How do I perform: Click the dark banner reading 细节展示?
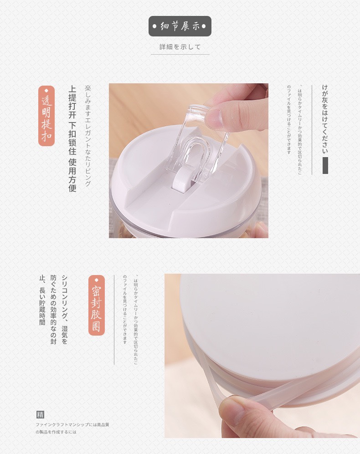pyautogui.click(x=180, y=26)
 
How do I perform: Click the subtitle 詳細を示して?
pyautogui.click(x=180, y=47)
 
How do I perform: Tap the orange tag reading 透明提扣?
pyautogui.click(x=46, y=116)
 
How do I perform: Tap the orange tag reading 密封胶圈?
pyautogui.click(x=96, y=305)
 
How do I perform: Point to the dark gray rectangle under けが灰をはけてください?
pyautogui.click(x=325, y=166)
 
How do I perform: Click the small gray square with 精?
pyautogui.click(x=40, y=414)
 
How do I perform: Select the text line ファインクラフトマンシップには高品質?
pyautogui.click(x=72, y=424)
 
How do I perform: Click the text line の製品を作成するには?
pyautogui.click(x=56, y=432)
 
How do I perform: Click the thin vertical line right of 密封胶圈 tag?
pyautogui.click(x=114, y=319)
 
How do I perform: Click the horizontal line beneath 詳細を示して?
pyautogui.click(x=180, y=55)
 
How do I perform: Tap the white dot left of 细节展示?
pyautogui.click(x=155, y=26)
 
